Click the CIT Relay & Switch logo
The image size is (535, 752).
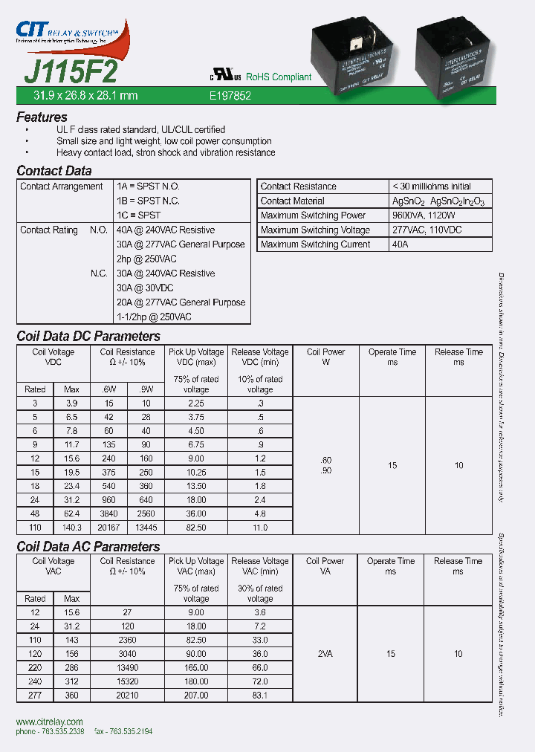pyautogui.click(x=71, y=34)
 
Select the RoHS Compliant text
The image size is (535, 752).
pyautogui.click(x=278, y=77)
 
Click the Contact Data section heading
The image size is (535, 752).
pyautogui.click(x=54, y=171)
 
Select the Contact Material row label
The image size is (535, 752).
pyautogui.click(x=293, y=201)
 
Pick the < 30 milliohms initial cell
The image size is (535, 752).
pyautogui.click(x=431, y=187)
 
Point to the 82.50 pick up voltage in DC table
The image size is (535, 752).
pyautogui.click(x=196, y=527)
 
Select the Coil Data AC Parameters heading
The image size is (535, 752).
pyautogui.click(x=88, y=547)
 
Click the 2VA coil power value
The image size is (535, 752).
pyautogui.click(x=324, y=654)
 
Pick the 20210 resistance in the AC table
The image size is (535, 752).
pyautogui.click(x=127, y=696)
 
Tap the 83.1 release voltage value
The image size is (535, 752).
pyautogui.click(x=260, y=696)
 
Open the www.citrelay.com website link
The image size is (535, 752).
pyautogui.click(x=49, y=722)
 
